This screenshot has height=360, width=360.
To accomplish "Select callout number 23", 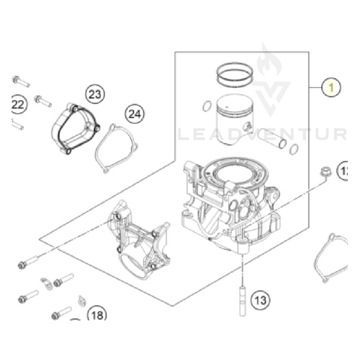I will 95,94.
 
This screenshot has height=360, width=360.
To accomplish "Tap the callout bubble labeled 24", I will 134,113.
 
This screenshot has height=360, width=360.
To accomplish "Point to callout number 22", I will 17,106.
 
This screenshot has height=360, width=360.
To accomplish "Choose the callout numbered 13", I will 259,298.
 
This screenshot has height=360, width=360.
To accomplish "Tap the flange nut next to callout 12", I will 323,171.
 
